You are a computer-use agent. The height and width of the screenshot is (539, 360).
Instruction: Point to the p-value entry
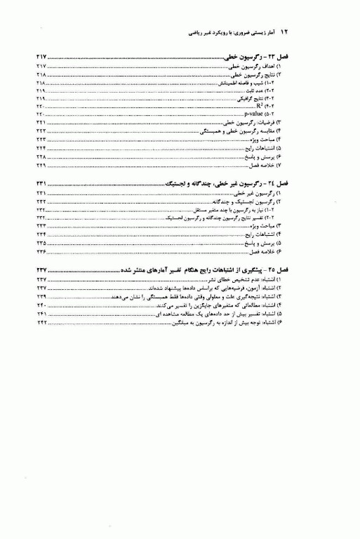click(x=255, y=114)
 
